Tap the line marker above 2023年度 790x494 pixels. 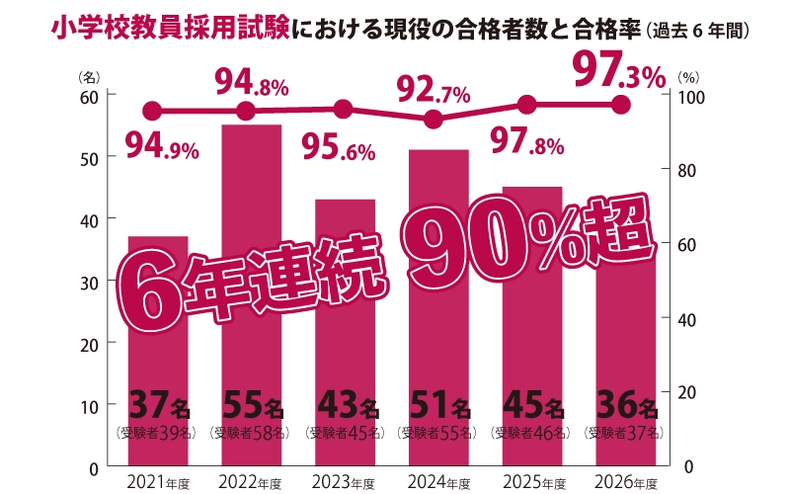344,109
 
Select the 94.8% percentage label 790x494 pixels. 252,83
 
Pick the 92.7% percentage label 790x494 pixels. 434,94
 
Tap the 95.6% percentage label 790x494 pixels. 338,150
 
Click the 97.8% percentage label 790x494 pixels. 527,144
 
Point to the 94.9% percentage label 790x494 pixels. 163,148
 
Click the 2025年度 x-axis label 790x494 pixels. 530,483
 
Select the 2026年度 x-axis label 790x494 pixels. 623,483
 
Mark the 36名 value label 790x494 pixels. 625,406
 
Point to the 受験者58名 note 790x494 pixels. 251,433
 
